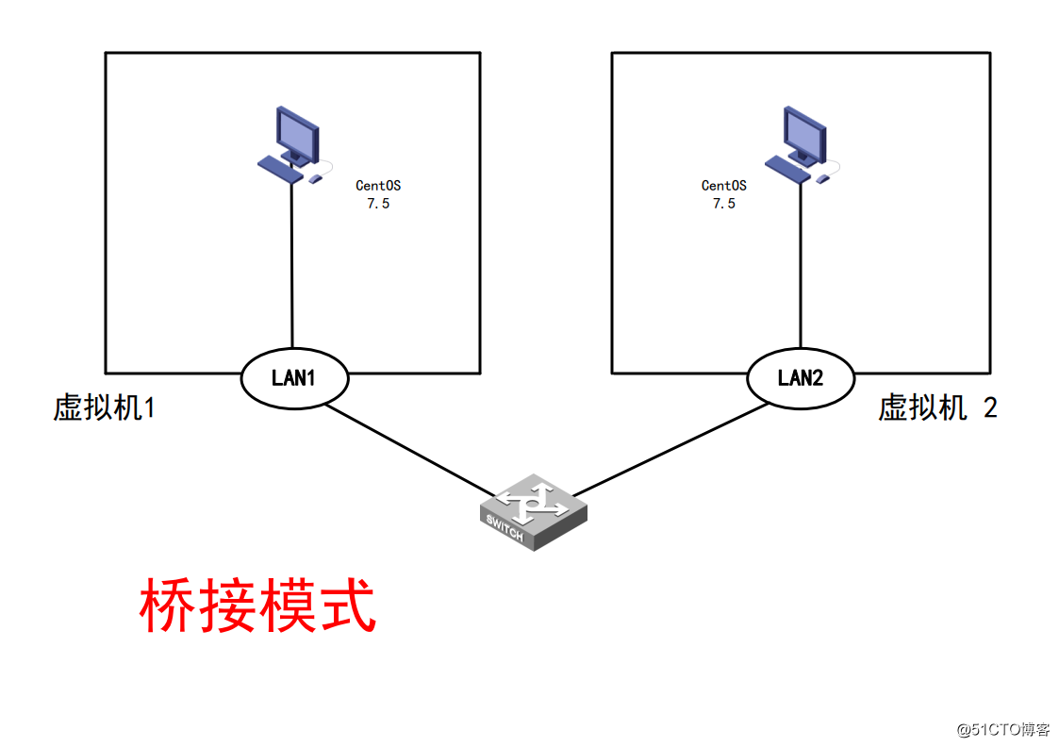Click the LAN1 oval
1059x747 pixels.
(295, 378)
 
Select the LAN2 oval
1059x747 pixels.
(801, 378)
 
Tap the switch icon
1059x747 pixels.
(532, 512)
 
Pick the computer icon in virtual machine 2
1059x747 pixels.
(802, 145)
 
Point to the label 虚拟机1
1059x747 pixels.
(104, 408)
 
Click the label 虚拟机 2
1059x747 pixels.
(937, 408)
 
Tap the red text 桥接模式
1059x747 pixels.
(257, 606)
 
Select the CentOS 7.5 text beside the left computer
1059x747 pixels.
(378, 194)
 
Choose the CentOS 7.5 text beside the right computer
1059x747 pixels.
(723, 194)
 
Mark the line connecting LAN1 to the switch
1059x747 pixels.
(410, 449)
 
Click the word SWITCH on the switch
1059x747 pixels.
(505, 528)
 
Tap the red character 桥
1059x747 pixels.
(168, 606)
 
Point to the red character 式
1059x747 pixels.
(347, 606)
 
